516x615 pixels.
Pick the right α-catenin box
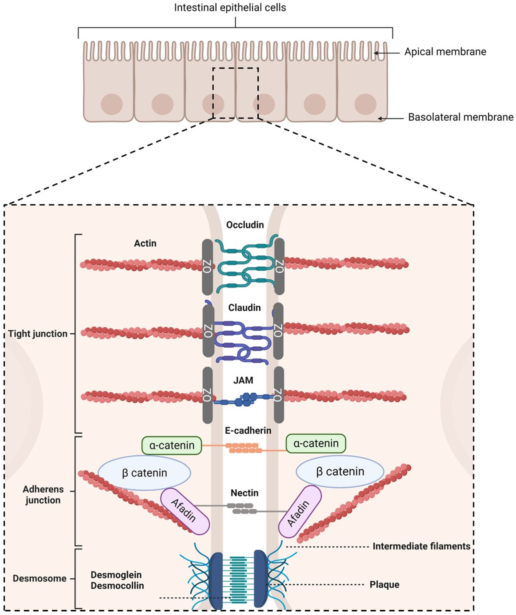(x=316, y=443)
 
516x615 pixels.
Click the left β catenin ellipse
(x=144, y=473)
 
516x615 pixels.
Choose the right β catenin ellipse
(x=340, y=472)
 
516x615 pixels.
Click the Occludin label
(x=245, y=225)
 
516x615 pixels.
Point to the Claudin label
(x=244, y=308)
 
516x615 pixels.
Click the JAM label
(x=243, y=380)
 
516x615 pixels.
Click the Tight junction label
(x=38, y=334)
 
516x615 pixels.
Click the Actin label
(x=145, y=243)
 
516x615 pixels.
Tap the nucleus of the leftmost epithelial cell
(x=112, y=104)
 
